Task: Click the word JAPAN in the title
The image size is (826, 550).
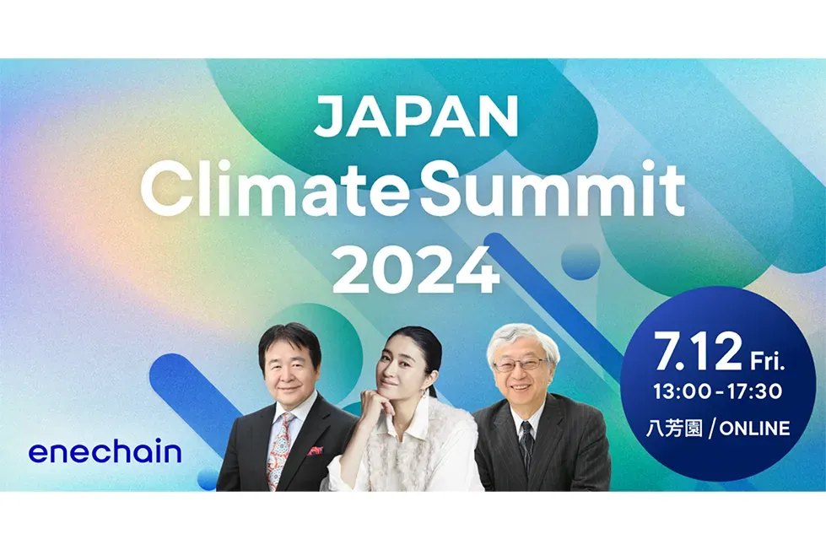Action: click(x=415, y=118)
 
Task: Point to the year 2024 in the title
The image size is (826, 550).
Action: click(x=415, y=270)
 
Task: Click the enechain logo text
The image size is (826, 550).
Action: click(x=105, y=452)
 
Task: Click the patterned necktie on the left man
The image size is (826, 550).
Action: click(x=280, y=450)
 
